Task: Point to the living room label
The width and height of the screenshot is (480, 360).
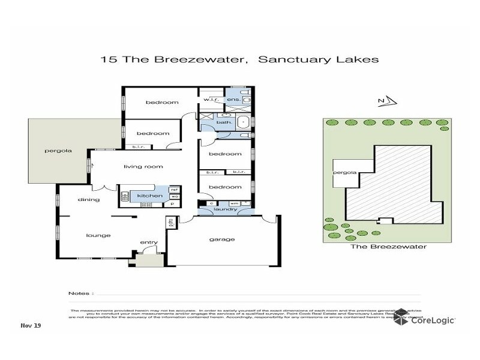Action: tap(143, 166)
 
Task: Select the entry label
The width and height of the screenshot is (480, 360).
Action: tap(148, 242)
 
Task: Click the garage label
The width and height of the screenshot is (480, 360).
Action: tap(223, 239)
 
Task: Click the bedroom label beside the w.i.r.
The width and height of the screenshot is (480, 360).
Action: tap(158, 103)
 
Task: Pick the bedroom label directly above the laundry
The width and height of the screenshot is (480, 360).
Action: tap(225, 187)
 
